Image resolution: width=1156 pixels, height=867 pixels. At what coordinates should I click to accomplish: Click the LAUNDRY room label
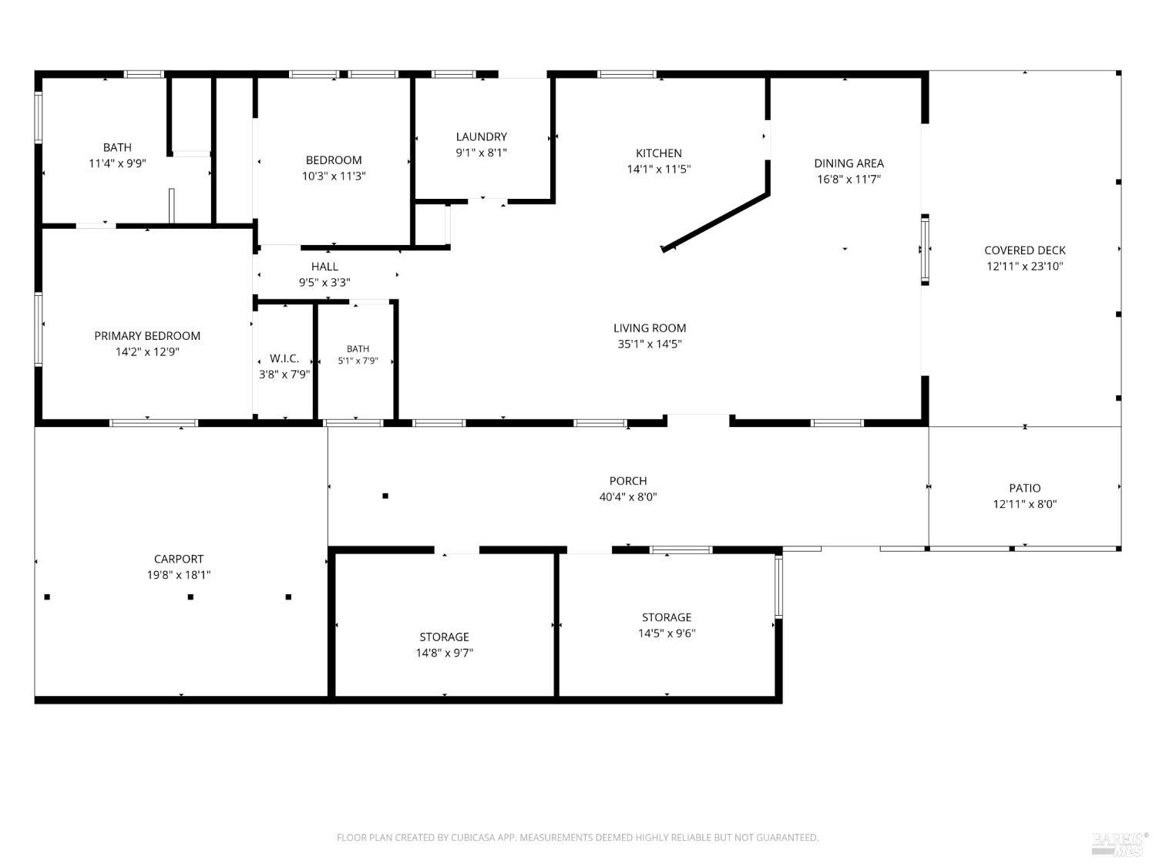[x=481, y=137]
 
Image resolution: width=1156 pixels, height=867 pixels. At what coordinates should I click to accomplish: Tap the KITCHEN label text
[x=658, y=153]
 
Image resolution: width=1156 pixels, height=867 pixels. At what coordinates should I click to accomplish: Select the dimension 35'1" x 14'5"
[x=650, y=344]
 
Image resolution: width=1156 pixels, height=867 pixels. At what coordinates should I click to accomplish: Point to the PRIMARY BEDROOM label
[x=147, y=336]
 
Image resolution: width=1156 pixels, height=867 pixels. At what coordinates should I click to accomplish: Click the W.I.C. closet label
[x=284, y=358]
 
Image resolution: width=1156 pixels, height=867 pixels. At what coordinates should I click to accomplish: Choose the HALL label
[x=324, y=267]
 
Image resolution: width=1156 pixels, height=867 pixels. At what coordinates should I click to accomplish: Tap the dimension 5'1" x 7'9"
[x=358, y=361]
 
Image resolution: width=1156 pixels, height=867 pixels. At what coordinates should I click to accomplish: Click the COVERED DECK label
[x=1024, y=250]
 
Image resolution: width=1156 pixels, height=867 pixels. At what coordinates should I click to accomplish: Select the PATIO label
[x=1024, y=488]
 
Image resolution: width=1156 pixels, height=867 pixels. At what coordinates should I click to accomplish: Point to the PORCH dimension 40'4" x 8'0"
[x=628, y=497]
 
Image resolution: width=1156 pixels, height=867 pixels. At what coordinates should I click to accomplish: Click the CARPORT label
[x=179, y=559]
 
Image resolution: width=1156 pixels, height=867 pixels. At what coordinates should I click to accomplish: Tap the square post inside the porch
[x=385, y=496]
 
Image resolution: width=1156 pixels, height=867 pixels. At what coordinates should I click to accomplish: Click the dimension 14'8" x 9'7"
[x=444, y=654]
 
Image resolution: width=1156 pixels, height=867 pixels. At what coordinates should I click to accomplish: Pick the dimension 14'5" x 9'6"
[x=666, y=633]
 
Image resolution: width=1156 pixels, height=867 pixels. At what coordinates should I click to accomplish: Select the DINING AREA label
[x=849, y=163]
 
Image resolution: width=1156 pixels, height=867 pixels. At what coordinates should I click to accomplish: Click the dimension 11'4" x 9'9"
[x=117, y=163]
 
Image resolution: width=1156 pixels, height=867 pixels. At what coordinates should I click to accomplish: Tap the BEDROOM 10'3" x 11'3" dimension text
[x=334, y=176]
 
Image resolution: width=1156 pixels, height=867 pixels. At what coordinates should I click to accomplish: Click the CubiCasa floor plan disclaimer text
[x=577, y=838]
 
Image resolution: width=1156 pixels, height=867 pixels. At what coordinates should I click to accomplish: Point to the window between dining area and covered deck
[x=925, y=250]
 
